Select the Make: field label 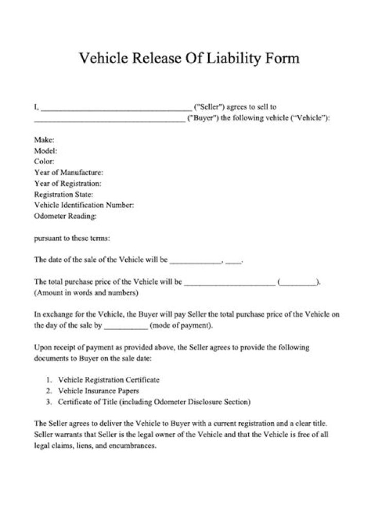(x=44, y=140)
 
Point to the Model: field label (x=45, y=151)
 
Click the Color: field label (x=44, y=162)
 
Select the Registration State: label (x=63, y=195)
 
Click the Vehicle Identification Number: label (x=84, y=205)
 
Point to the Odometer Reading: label (x=65, y=216)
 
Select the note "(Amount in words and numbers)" (x=86, y=293)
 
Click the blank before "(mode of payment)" (x=126, y=327)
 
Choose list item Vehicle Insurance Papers (x=98, y=391)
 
